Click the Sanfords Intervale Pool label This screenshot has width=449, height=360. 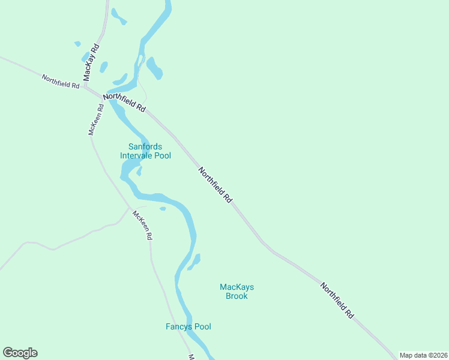point(145,151)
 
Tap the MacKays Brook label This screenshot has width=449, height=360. point(237,292)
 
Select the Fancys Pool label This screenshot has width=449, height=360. point(188,327)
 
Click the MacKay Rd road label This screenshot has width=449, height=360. point(91,62)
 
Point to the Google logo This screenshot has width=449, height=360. point(20,353)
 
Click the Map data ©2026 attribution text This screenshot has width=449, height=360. point(423,355)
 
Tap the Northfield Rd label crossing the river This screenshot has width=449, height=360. point(124,103)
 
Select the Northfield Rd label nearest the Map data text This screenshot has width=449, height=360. point(337,300)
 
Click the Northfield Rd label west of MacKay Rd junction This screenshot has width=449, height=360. point(61,82)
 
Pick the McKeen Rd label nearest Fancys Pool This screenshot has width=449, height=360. point(143,226)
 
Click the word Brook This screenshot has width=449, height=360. point(237,296)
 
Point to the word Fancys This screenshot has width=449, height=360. point(179,327)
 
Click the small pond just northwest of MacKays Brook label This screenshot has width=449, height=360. point(194,262)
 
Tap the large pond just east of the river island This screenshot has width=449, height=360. point(154,68)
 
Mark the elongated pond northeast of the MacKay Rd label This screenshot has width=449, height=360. point(118,16)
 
